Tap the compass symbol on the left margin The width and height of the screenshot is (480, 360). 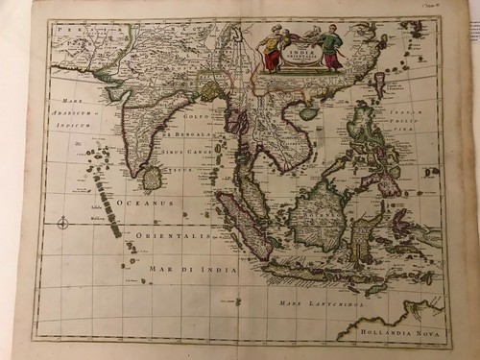(x=60, y=223)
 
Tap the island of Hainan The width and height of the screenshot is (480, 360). (x=308, y=113)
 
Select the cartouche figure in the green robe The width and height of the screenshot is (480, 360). (x=330, y=48)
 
